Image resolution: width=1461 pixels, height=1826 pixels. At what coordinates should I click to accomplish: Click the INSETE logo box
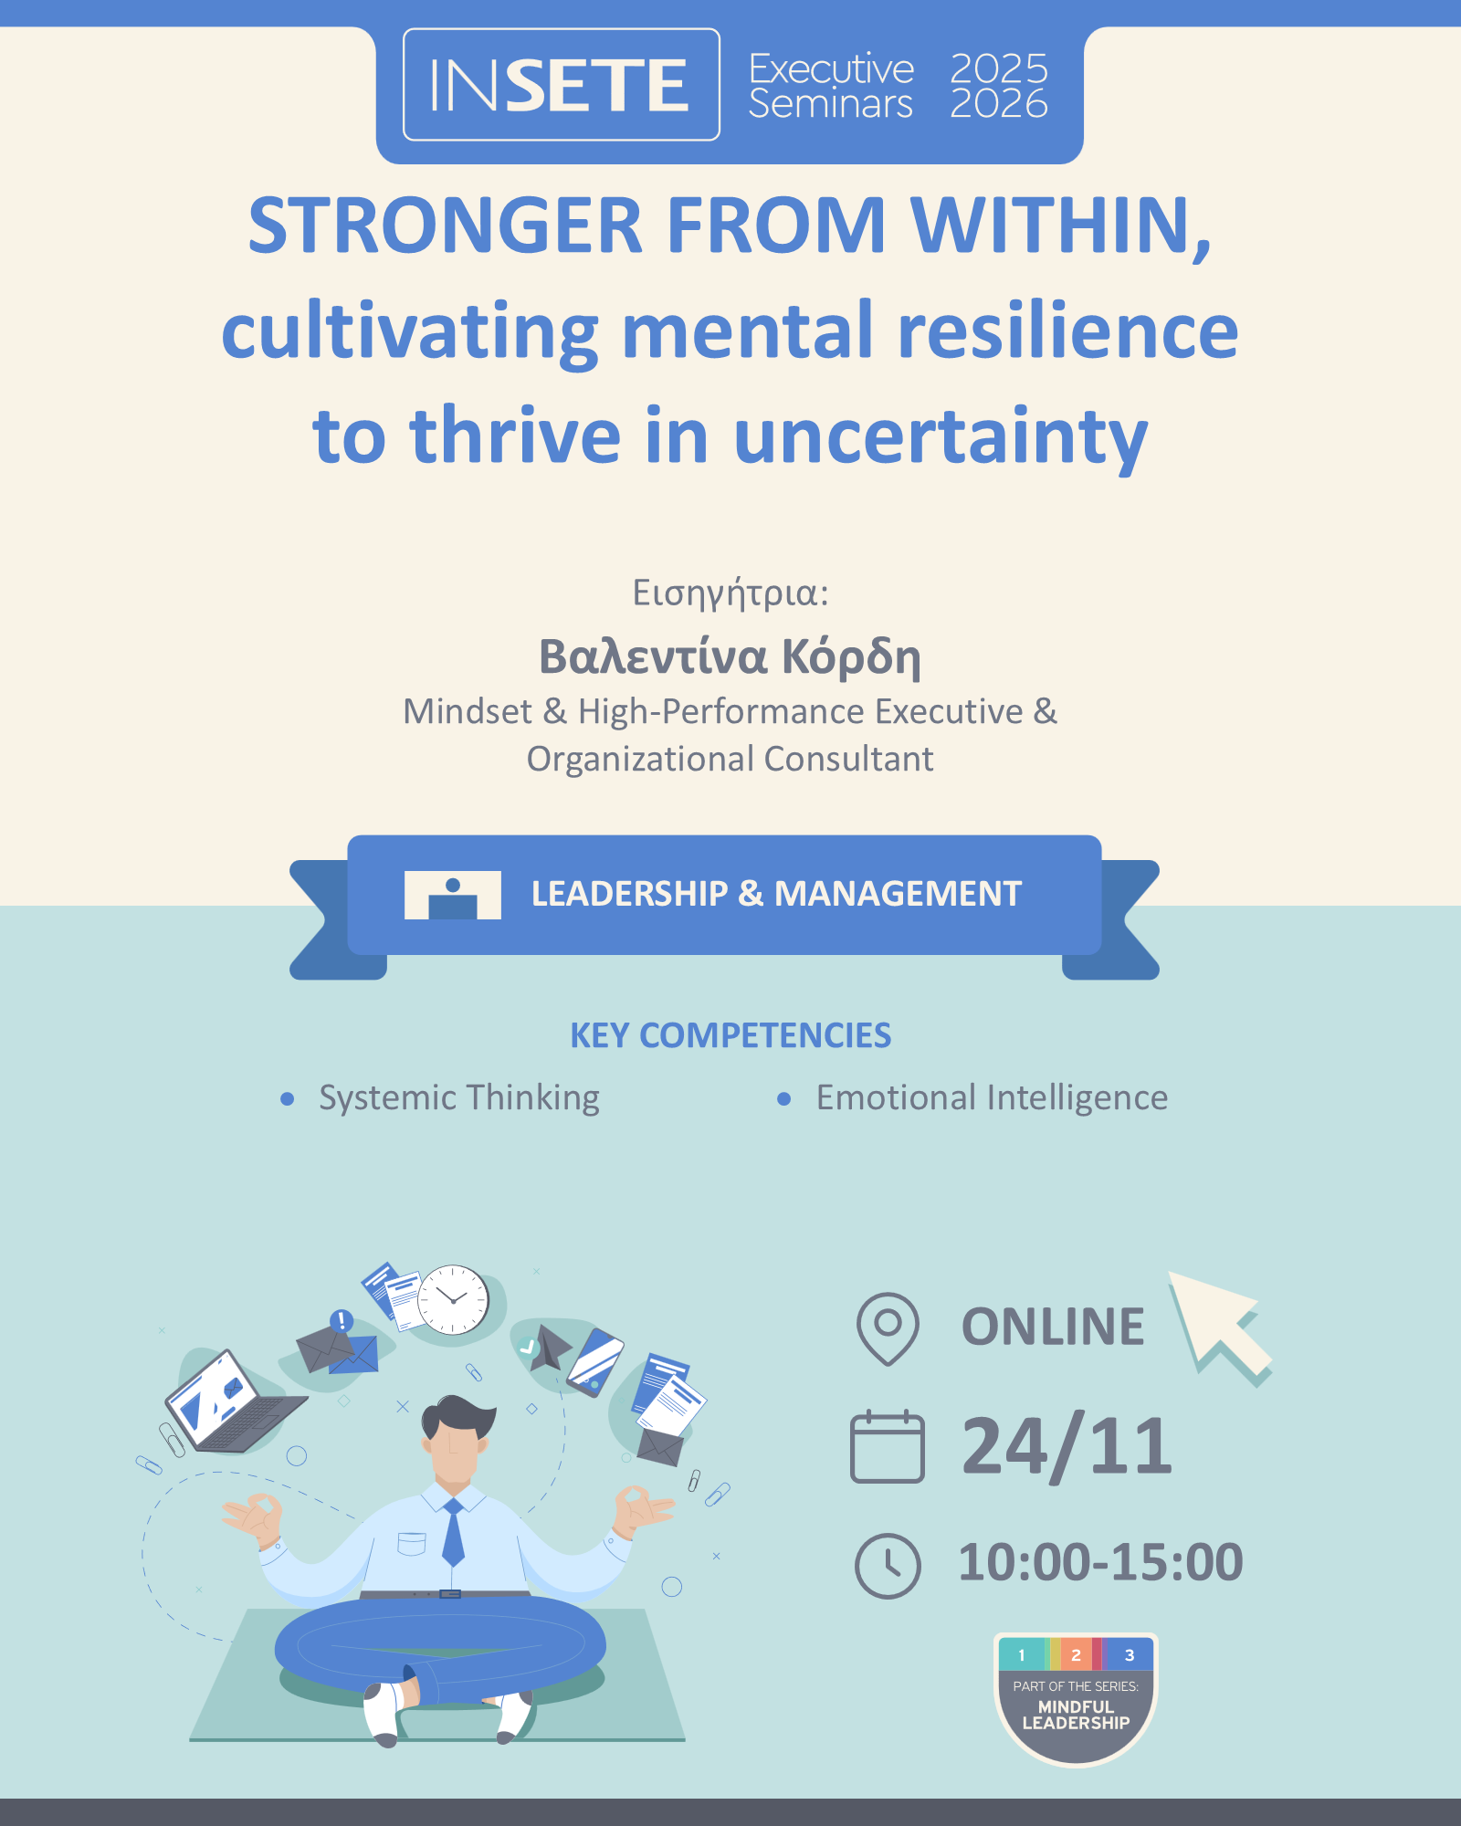click(x=561, y=85)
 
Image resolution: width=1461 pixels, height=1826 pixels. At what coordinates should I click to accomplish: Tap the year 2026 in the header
click(x=999, y=104)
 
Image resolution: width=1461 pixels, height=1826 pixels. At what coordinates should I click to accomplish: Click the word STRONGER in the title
click(x=446, y=226)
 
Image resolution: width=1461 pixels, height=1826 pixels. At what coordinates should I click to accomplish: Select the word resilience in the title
click(x=1067, y=331)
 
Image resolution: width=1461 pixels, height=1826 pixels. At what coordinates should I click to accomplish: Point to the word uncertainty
click(x=941, y=436)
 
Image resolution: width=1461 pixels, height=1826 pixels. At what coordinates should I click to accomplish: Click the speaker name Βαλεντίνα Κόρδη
click(x=730, y=656)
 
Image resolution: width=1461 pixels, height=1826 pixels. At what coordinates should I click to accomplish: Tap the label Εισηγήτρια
click(x=730, y=593)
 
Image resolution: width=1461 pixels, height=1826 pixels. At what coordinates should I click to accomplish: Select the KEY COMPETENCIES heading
click(x=730, y=1035)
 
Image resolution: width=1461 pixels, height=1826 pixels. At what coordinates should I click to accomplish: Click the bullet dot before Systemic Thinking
click(x=288, y=1098)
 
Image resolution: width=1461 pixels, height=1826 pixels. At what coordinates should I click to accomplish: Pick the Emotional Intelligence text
click(x=992, y=1097)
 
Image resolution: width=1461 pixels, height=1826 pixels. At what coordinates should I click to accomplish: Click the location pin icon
click(x=888, y=1328)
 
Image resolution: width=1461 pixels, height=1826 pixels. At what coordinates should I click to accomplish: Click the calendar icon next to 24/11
click(x=887, y=1447)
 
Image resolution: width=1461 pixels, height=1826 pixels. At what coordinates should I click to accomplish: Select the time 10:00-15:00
click(x=1100, y=1562)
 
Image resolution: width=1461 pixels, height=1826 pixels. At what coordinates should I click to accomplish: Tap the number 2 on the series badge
click(x=1076, y=1655)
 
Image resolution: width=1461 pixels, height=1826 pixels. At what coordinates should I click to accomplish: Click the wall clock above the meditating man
click(x=453, y=1299)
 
